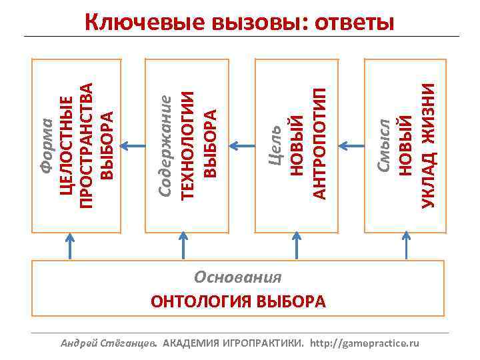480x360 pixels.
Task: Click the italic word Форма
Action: click(45, 146)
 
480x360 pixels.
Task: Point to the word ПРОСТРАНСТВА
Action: click(86, 145)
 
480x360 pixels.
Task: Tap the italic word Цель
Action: click(275, 143)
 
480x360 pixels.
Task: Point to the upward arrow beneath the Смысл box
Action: click(405, 243)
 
